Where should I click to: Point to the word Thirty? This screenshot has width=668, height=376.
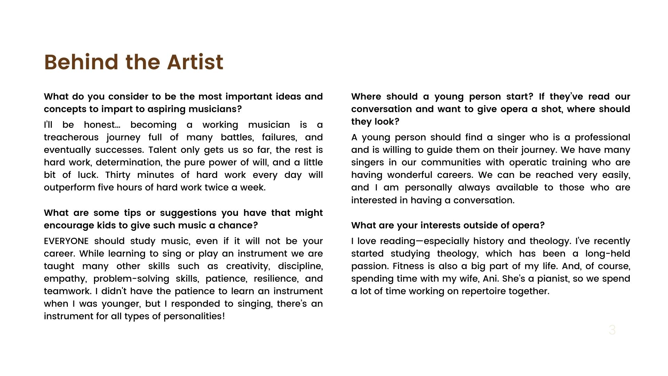[118, 175]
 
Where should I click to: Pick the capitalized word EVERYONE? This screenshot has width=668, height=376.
[66, 241]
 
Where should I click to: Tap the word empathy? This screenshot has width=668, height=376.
[64, 279]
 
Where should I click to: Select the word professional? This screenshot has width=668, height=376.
[602, 138]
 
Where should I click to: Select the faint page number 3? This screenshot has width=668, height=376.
[612, 330]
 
